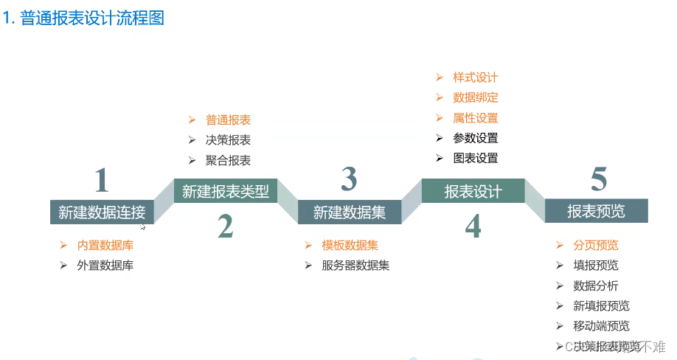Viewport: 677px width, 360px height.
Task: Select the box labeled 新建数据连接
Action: (102, 212)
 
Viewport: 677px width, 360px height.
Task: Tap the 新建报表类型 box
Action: (226, 192)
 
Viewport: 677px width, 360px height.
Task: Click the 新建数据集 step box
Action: (350, 212)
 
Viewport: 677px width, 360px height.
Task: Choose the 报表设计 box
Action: (473, 192)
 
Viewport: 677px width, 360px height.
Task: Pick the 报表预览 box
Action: (596, 211)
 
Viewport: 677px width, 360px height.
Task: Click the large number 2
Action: (226, 227)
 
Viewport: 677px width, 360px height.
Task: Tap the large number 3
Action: (350, 179)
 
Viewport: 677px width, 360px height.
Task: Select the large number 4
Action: (473, 226)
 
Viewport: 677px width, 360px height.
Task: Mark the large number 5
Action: (598, 179)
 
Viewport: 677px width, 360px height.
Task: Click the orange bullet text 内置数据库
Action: (105, 246)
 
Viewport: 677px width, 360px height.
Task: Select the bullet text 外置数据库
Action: (105, 266)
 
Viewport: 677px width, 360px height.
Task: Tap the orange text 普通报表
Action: (229, 120)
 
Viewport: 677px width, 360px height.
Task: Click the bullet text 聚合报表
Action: (229, 160)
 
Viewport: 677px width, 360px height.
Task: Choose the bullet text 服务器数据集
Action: (355, 266)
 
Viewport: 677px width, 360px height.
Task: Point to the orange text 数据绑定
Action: (476, 97)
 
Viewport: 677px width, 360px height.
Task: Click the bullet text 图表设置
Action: (476, 158)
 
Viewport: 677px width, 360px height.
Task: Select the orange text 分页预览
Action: (596, 246)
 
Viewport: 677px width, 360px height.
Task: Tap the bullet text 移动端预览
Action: (602, 326)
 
